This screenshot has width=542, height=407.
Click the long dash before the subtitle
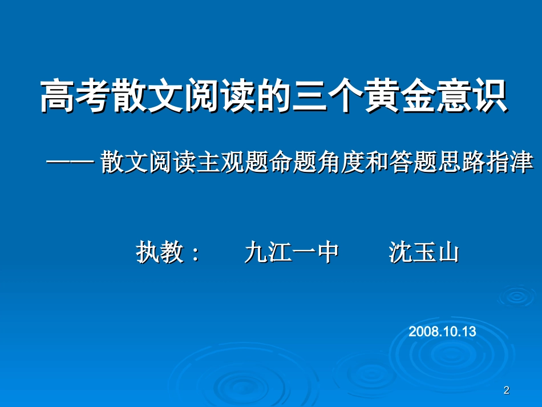[x=70, y=162]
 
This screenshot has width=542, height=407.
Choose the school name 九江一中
[x=292, y=252]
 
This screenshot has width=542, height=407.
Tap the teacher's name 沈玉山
[x=423, y=252]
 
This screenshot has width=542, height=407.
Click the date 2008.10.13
[x=442, y=332]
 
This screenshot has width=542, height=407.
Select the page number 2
[x=506, y=390]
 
